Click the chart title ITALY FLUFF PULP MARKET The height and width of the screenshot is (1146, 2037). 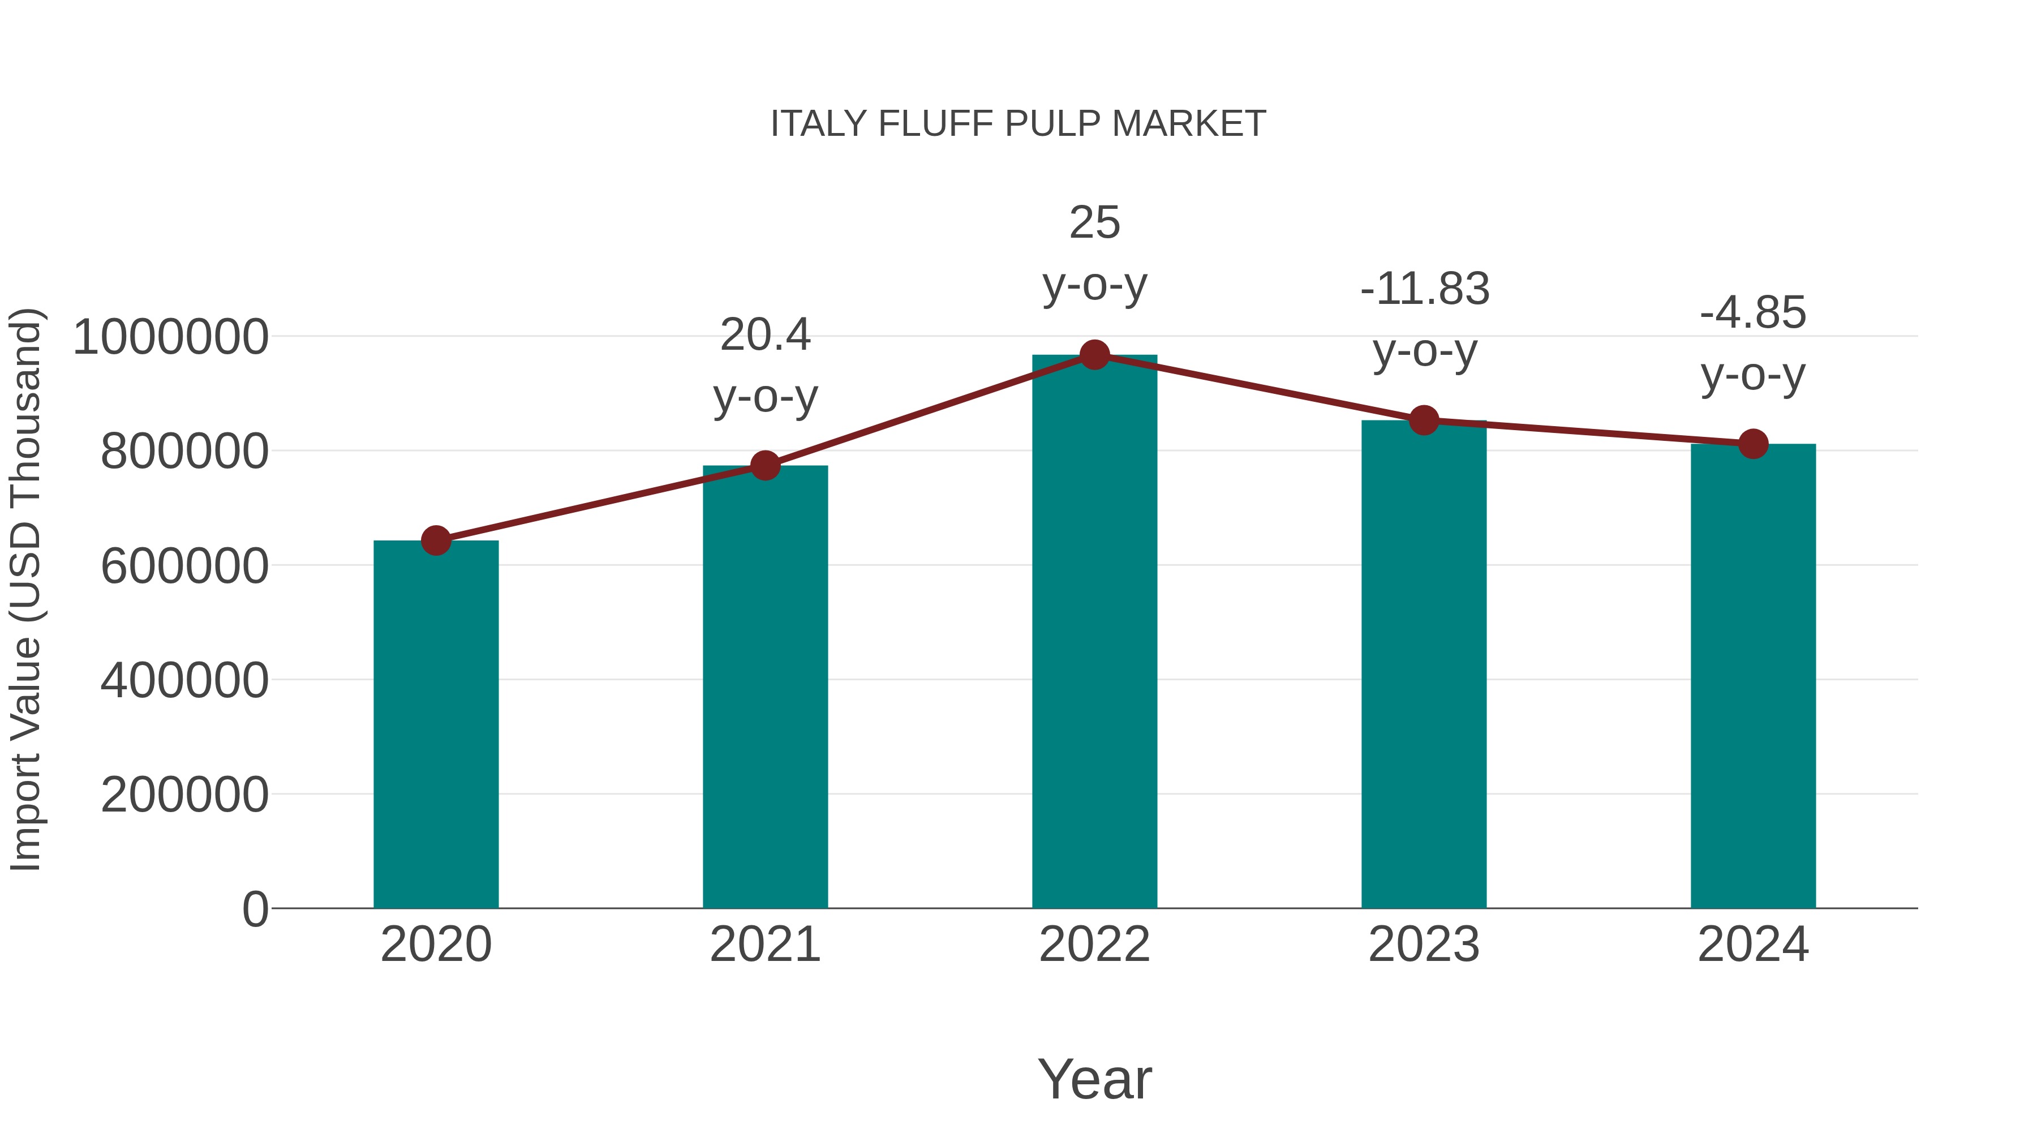[x=1018, y=124]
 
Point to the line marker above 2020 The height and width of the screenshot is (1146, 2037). [x=436, y=541]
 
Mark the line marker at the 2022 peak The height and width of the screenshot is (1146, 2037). [x=1094, y=355]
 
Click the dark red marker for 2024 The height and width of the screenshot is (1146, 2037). [x=1753, y=444]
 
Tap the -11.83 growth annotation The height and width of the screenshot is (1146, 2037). [x=1424, y=289]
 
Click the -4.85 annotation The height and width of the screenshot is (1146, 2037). [x=1753, y=313]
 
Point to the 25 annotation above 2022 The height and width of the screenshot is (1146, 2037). [x=1094, y=223]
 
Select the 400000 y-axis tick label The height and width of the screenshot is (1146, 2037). [x=184, y=680]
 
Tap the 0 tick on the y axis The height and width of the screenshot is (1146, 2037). [x=255, y=909]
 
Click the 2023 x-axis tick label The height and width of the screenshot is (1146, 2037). [x=1424, y=945]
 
